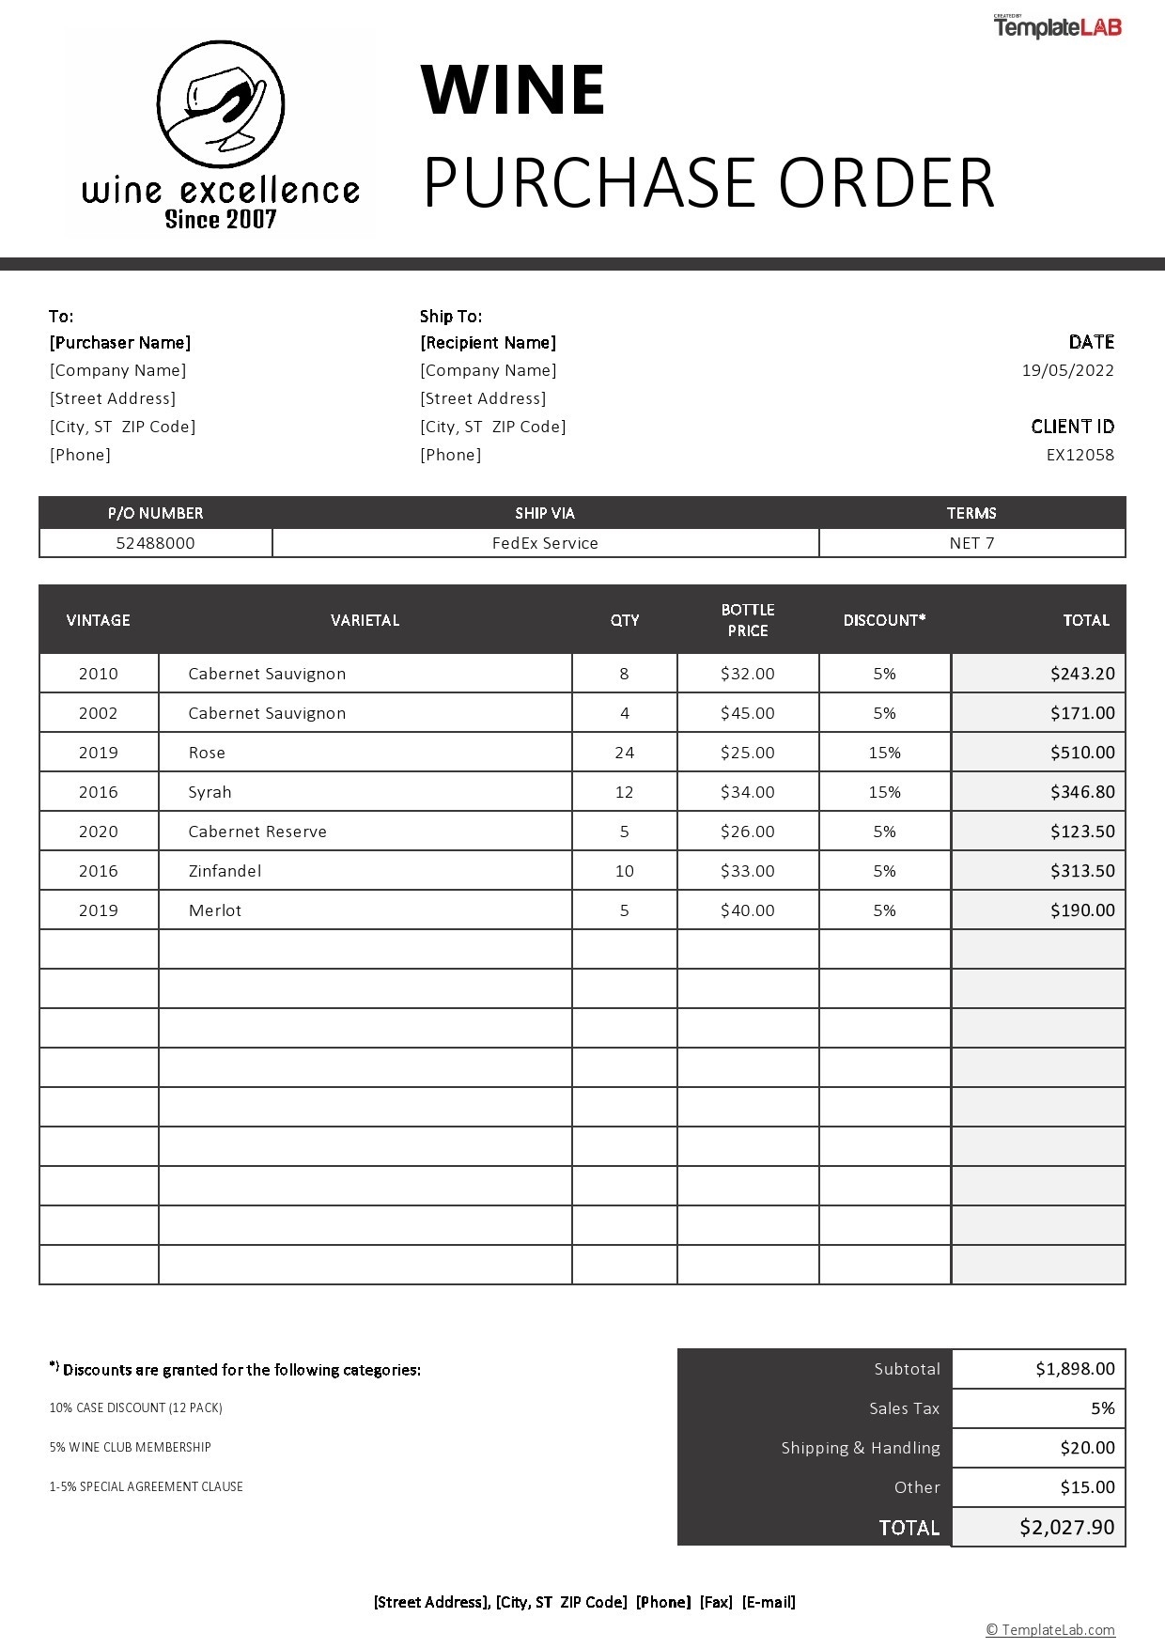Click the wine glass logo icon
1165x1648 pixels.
click(221, 104)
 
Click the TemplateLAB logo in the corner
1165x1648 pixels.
click(1058, 27)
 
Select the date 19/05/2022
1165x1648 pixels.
click(1067, 370)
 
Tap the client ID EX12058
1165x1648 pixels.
click(1080, 455)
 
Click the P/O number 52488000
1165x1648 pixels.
click(155, 543)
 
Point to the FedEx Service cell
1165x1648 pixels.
click(545, 543)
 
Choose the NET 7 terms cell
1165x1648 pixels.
click(971, 543)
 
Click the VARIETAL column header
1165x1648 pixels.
click(365, 620)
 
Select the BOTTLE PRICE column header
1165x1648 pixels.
click(748, 620)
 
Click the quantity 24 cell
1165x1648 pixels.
click(624, 753)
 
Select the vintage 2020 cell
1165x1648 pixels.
click(99, 832)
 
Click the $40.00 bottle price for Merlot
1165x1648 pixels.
click(748, 910)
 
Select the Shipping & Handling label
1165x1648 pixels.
click(861, 1448)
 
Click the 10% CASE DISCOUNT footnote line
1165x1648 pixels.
click(136, 1407)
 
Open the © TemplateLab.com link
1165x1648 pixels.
click(1049, 1630)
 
